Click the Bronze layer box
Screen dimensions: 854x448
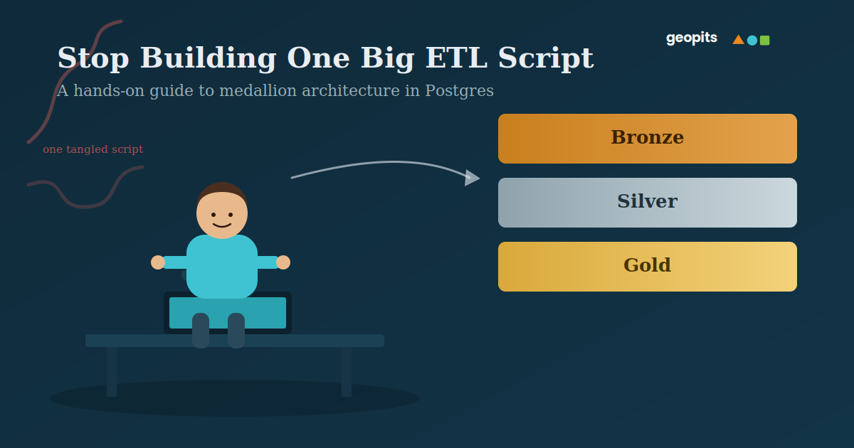(x=648, y=139)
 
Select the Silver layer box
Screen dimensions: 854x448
(x=648, y=203)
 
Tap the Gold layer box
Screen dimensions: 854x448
(x=648, y=267)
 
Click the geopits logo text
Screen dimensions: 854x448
(x=692, y=38)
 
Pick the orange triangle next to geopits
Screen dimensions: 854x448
(x=739, y=40)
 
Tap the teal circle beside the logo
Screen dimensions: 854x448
(x=752, y=41)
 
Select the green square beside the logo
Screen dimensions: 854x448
(x=765, y=41)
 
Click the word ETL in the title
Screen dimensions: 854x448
(x=456, y=58)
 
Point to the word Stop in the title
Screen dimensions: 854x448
(x=93, y=58)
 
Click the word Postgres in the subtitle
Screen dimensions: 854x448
(x=460, y=91)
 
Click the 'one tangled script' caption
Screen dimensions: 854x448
(x=93, y=149)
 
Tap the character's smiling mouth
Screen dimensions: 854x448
(x=222, y=225)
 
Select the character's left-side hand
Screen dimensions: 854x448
(x=158, y=262)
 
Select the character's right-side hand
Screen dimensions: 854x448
(x=283, y=262)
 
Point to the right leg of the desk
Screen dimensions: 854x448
(x=347, y=372)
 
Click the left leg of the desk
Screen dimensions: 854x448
(x=112, y=372)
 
